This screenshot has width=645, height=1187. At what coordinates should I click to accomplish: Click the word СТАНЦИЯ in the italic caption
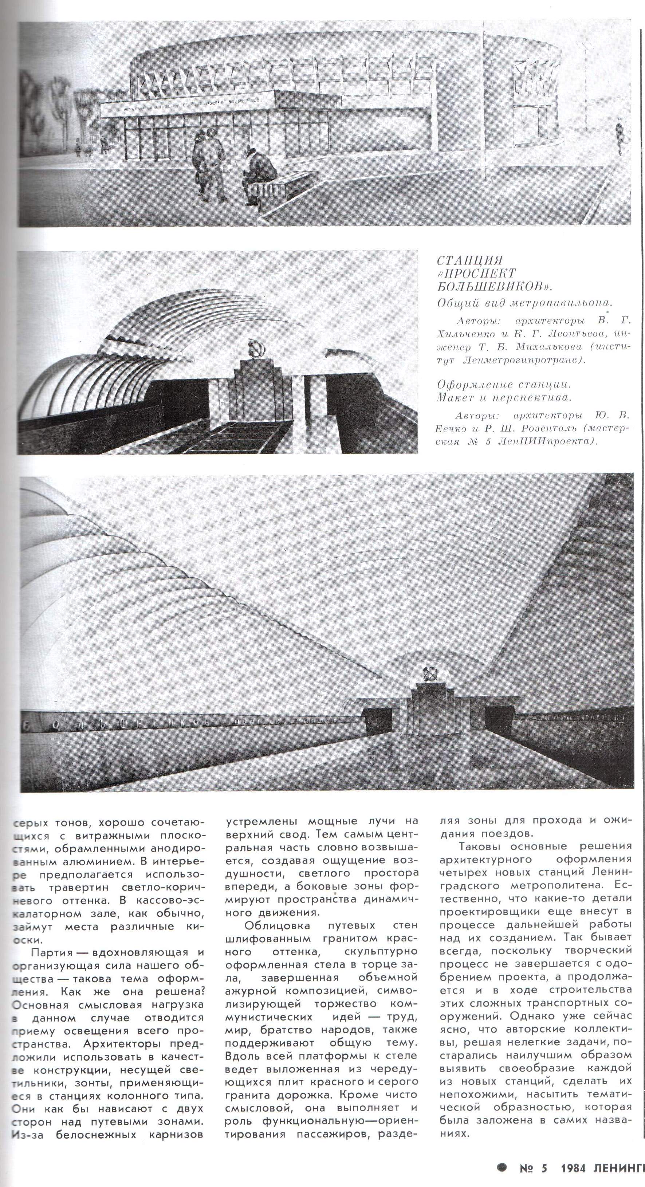coord(469,261)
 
